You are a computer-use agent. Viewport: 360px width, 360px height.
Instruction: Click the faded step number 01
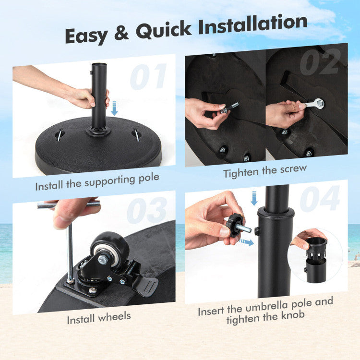pos(148,76)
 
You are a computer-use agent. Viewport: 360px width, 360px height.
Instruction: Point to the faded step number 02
pos(320,62)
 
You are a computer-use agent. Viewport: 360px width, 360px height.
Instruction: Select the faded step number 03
pos(147,211)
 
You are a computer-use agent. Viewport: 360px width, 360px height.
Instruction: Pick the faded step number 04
pos(320,199)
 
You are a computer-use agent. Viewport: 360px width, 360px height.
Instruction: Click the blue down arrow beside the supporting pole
pos(114,108)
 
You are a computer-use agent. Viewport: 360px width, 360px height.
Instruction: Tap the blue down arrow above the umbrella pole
pos(254,198)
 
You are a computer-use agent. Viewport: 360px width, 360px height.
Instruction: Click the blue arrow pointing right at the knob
pos(246,242)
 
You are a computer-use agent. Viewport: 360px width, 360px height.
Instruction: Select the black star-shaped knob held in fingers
pos(234,225)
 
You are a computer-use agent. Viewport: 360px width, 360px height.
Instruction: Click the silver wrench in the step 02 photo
pos(312,104)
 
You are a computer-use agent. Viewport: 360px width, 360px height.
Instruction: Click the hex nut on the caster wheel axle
pos(102,260)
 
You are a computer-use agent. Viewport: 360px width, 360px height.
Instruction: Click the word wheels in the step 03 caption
pos(114,317)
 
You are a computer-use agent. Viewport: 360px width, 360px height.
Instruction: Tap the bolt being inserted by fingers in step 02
pos(229,108)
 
